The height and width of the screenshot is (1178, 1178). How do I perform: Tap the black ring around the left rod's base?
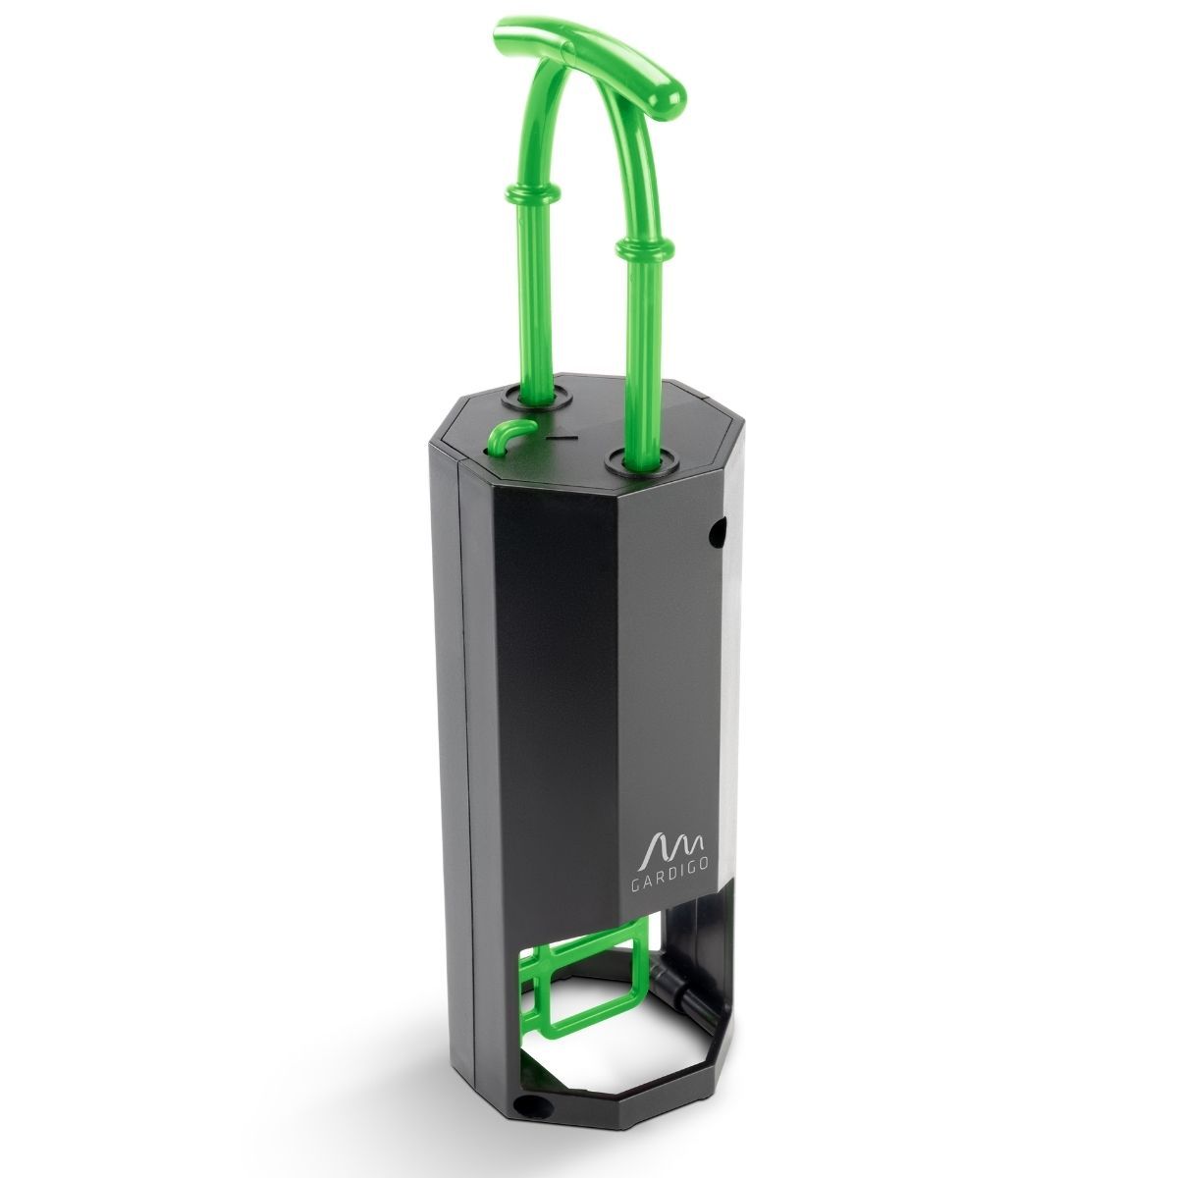click(537, 397)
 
